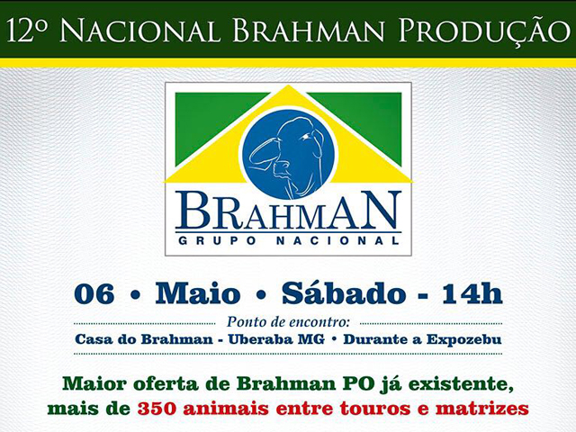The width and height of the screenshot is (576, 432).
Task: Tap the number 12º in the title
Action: [x=26, y=30]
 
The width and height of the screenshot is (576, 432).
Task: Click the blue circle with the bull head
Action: [x=290, y=154]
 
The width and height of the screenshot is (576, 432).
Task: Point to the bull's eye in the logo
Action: [x=304, y=137]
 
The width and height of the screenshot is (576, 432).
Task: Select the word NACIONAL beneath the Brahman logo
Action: [x=337, y=240]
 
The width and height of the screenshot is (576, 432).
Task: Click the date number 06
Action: [x=94, y=294]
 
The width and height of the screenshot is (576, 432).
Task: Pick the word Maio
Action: [x=198, y=293]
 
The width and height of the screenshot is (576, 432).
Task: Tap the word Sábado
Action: [x=344, y=292]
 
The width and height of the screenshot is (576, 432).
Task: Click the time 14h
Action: [x=472, y=293]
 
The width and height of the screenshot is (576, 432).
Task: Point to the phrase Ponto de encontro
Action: [x=288, y=322]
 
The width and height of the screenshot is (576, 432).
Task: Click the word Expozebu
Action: [x=464, y=339]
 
